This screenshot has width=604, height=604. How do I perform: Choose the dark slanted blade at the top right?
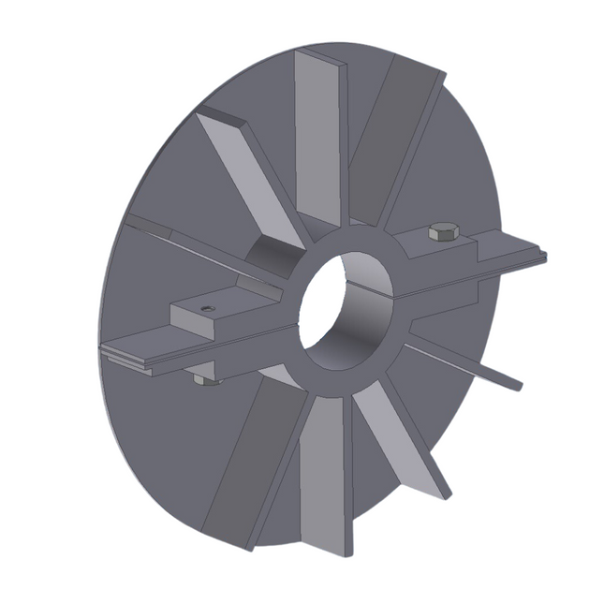point(391,140)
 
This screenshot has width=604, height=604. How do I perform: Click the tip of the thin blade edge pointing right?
point(517,384)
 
